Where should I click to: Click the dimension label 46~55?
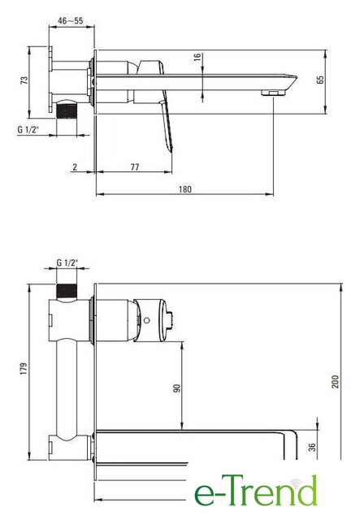[71, 20]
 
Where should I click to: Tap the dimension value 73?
[24, 80]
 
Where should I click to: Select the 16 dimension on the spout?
[197, 57]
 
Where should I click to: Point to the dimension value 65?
[320, 80]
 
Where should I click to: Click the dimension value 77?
[135, 167]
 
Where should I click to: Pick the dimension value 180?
[185, 189]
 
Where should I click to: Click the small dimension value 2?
[75, 167]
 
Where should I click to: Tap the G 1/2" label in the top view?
[28, 129]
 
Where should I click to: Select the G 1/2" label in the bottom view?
[67, 262]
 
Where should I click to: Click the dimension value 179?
[24, 369]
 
